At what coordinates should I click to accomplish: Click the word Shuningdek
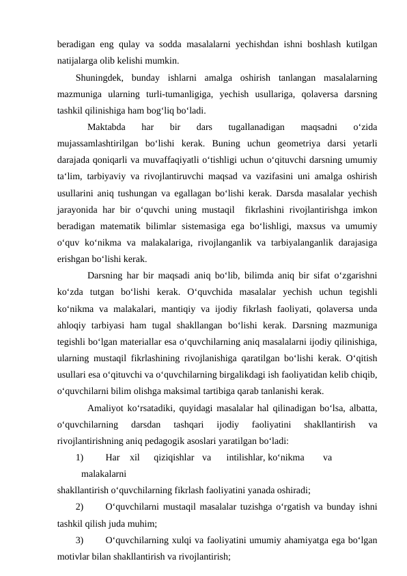coord(100,77)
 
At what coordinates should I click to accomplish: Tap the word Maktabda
coord(106,127)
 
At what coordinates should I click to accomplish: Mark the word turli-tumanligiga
coord(180,93)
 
